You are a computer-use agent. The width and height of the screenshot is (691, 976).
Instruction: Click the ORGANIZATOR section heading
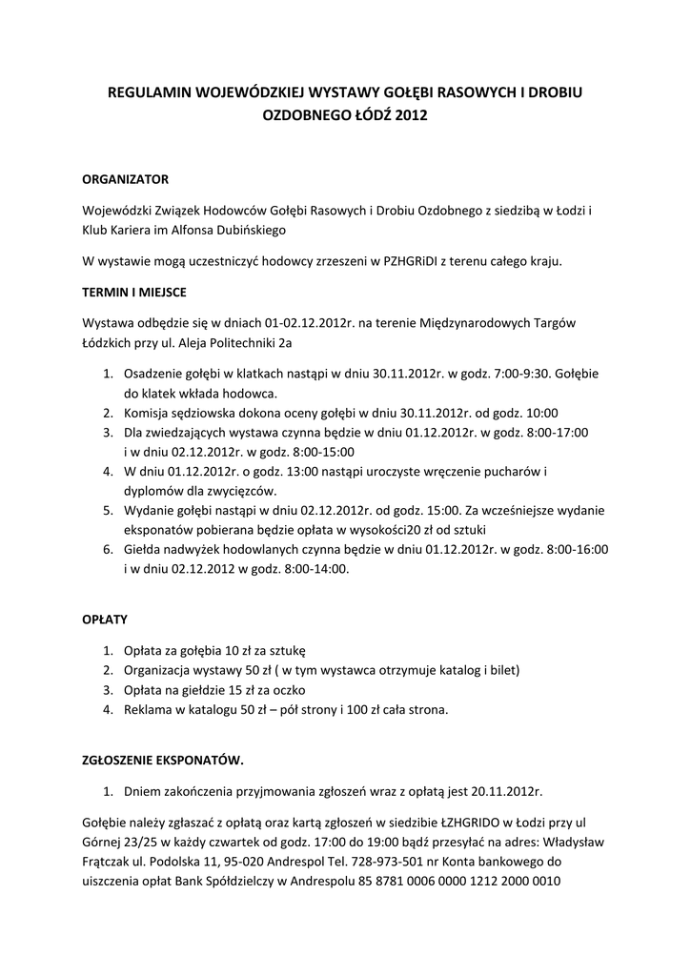click(125, 178)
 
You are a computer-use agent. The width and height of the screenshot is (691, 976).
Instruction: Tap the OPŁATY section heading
click(105, 620)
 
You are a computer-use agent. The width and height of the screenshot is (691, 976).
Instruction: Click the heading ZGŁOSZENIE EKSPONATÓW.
click(163, 760)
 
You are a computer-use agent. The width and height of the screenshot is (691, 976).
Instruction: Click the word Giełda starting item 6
click(143, 550)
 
